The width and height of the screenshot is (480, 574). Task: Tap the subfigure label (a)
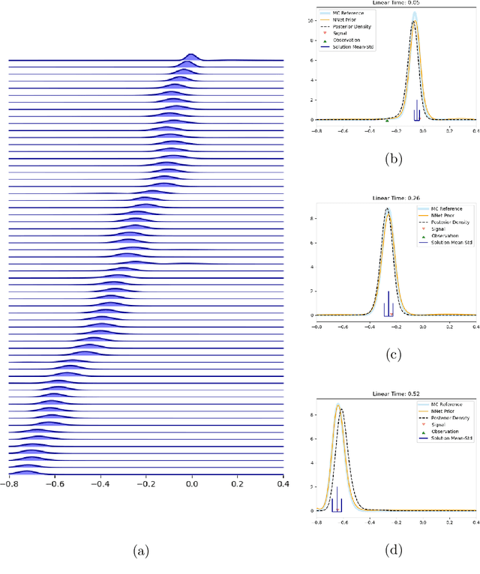click(x=140, y=552)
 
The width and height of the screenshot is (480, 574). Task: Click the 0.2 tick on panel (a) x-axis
click(x=238, y=484)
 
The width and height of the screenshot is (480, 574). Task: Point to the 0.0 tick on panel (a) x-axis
click(x=192, y=484)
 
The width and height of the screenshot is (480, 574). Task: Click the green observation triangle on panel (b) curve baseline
click(x=387, y=120)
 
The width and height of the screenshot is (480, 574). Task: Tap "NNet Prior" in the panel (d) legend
click(x=441, y=411)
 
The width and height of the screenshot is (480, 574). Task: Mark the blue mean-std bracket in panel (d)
click(x=337, y=502)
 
